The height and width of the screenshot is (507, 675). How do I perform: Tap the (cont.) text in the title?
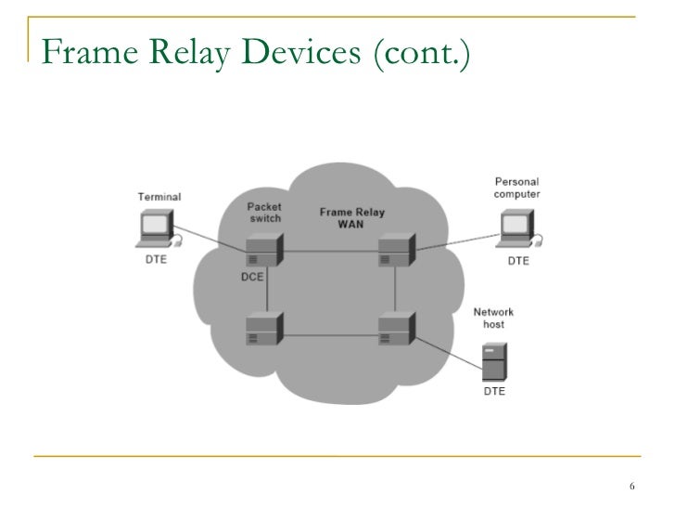click(x=423, y=56)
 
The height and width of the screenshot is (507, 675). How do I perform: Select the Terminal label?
click(x=159, y=197)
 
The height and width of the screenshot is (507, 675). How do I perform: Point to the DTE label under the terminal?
click(x=157, y=260)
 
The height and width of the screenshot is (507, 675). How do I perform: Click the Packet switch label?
click(x=265, y=212)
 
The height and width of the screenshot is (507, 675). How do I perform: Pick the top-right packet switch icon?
click(x=395, y=247)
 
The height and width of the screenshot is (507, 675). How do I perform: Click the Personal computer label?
click(x=517, y=188)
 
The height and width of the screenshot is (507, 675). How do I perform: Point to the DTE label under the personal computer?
click(x=518, y=261)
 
